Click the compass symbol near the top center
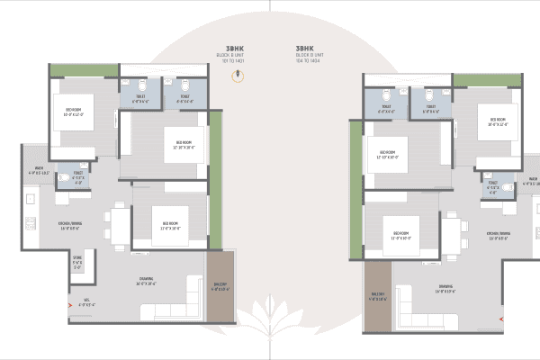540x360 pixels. [x=238, y=76]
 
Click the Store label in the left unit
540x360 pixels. [x=77, y=264]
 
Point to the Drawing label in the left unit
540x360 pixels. [x=146, y=281]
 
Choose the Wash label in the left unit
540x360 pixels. [x=40, y=169]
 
